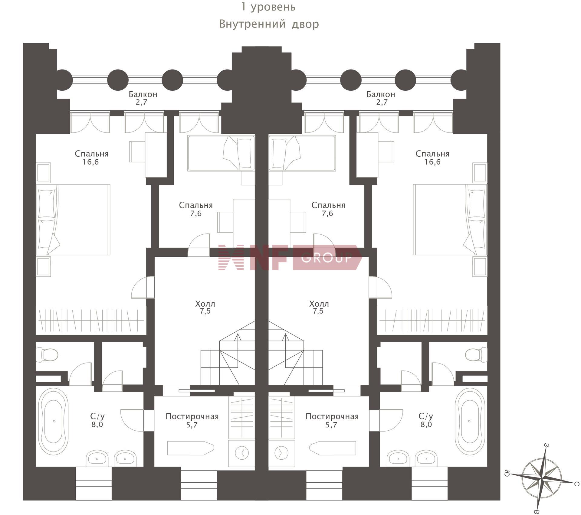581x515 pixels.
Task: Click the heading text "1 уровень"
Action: (268, 7)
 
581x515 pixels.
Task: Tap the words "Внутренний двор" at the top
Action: (269, 24)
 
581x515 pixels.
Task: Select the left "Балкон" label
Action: (143, 94)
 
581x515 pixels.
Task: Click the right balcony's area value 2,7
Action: (382, 102)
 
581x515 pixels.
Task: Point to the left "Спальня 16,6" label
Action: (91, 158)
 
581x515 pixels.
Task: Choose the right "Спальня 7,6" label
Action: (328, 209)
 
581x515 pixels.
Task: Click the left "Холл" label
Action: (205, 304)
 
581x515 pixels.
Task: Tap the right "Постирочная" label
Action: (332, 416)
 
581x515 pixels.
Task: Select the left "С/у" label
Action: (97, 416)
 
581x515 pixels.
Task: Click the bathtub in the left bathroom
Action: (54, 421)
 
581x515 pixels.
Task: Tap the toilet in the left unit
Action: (47, 355)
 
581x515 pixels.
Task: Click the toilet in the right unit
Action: (476, 355)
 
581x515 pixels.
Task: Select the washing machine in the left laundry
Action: (241, 453)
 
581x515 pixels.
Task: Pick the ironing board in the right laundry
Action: (333, 448)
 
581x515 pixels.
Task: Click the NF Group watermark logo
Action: (290, 257)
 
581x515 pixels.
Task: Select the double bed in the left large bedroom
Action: (73, 220)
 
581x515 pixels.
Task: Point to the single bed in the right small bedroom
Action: (302, 153)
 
